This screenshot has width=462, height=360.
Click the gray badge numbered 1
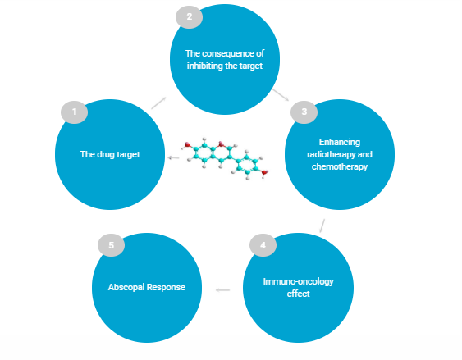click(74, 112)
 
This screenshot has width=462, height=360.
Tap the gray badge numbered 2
click(190, 16)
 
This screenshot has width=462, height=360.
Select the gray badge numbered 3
click(304, 112)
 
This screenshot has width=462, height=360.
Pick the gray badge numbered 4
click(263, 245)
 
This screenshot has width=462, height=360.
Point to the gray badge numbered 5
click(111, 245)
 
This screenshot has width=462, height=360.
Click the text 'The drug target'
click(110, 154)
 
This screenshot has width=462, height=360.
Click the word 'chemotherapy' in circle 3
click(340, 166)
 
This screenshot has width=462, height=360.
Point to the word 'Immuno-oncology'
click(298, 281)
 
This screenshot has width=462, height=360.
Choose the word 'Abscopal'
click(126, 287)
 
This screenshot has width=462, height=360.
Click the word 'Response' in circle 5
click(166, 287)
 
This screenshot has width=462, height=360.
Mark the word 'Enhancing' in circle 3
click(340, 142)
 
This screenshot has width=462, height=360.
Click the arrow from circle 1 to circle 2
click(159, 103)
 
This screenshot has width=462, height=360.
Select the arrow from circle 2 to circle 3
click(281, 95)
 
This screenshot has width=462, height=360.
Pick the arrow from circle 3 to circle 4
click(322, 226)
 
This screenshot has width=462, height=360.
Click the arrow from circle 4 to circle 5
click(222, 290)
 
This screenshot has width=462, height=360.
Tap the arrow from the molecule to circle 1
click(173, 158)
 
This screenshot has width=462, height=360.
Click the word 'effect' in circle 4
click(298, 294)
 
